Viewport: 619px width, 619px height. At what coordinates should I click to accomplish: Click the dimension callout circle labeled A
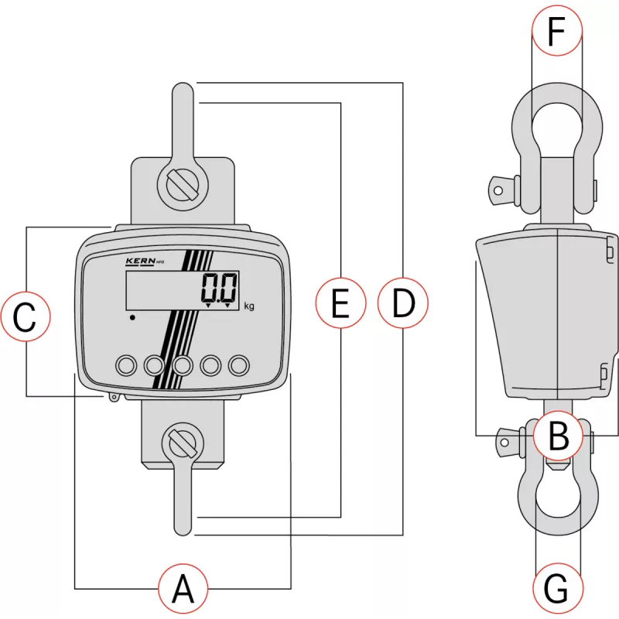pos(183,590)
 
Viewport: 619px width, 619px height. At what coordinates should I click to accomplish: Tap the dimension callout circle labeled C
pos(26,317)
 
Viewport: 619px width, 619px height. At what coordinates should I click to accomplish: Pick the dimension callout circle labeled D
pos(402,304)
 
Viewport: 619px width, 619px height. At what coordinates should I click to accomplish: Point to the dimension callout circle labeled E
pos(340,304)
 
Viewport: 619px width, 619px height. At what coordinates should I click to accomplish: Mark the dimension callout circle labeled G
pos(558,589)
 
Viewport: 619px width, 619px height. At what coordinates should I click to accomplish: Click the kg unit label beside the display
pos(249,306)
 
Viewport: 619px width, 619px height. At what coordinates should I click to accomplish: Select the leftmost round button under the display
pos(125,364)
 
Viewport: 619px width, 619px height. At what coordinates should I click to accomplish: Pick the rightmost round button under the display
pos(240,364)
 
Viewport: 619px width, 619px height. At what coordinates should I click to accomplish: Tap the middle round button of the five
pos(183,364)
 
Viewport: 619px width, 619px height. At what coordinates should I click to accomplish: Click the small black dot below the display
pos(133,317)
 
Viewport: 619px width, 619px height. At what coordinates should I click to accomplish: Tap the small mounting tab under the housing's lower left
pos(113,398)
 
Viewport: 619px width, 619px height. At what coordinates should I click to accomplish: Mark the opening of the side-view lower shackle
pos(557,495)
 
